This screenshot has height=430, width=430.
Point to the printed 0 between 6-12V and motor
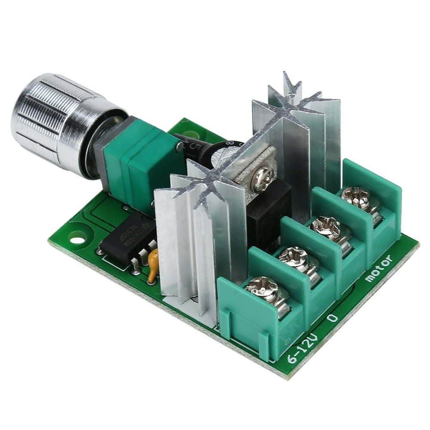tap(332, 319)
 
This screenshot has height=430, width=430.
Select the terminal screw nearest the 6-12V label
tap(262, 289)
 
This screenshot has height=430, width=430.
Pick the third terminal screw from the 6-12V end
tap(325, 226)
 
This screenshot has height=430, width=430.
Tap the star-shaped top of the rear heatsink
tap(292, 101)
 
